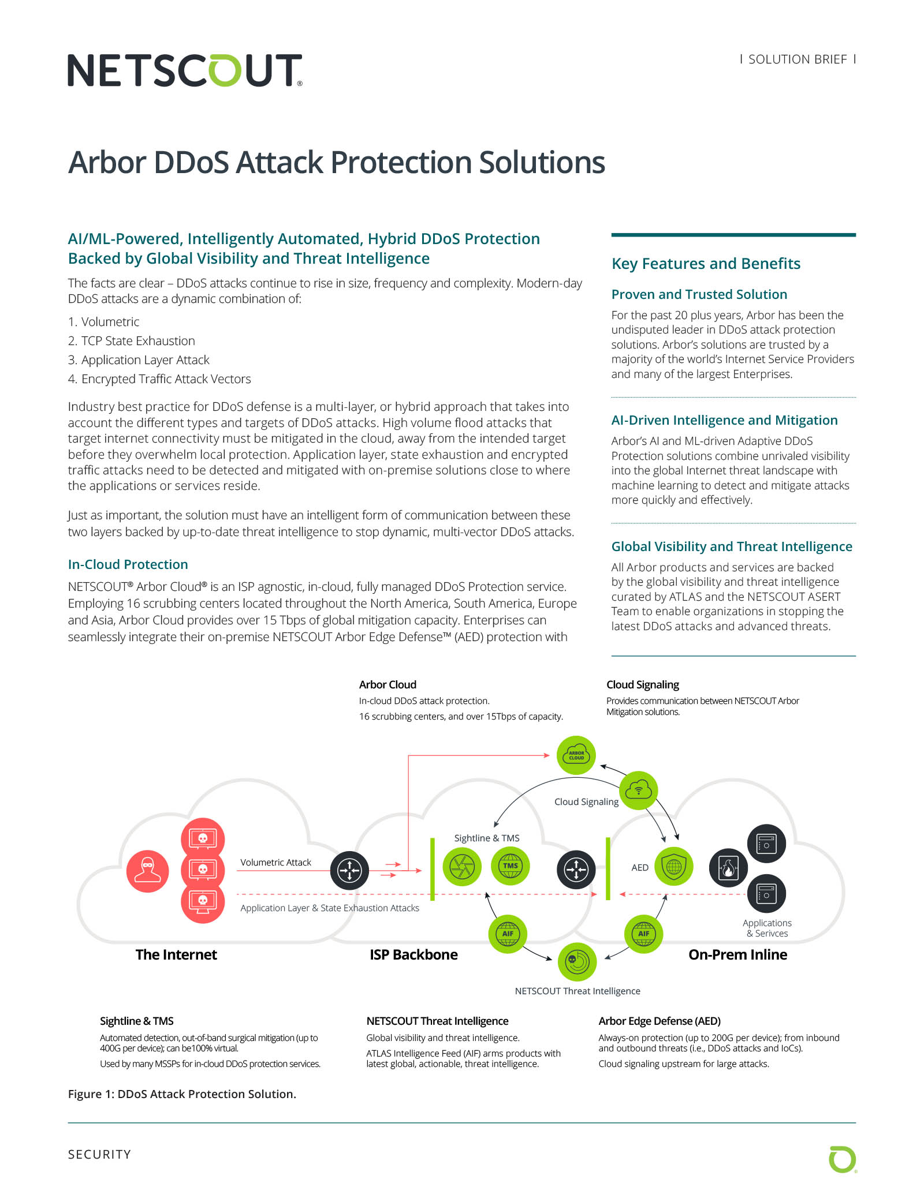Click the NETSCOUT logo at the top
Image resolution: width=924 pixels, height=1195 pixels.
[185, 70]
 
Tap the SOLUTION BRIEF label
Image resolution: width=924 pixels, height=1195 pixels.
[797, 59]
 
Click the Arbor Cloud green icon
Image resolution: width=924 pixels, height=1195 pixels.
[576, 755]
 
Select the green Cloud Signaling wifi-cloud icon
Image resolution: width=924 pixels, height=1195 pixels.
[638, 790]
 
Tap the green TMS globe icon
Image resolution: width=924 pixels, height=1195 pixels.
[511, 866]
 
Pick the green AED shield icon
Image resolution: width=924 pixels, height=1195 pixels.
[673, 867]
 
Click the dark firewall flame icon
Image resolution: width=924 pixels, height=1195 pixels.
[728, 867]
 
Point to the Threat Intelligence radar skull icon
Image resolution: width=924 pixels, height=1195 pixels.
[577, 961]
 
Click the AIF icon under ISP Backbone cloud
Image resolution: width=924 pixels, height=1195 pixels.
[508, 934]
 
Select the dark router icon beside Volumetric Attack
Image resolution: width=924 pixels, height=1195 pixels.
[349, 870]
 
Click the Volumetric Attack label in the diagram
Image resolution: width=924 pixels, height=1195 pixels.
[275, 862]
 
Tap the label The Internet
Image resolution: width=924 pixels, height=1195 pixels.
[176, 954]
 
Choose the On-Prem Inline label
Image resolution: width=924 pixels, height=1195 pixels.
[737, 954]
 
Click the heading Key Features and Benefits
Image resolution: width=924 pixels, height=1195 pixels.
[706, 264]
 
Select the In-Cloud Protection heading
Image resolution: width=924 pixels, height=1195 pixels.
[128, 564]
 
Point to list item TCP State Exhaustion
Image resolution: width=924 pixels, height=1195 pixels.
[138, 341]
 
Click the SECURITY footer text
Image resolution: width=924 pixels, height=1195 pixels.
[99, 1154]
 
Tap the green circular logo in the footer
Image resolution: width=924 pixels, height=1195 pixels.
[842, 1160]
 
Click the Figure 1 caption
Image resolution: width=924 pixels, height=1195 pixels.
[182, 1094]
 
